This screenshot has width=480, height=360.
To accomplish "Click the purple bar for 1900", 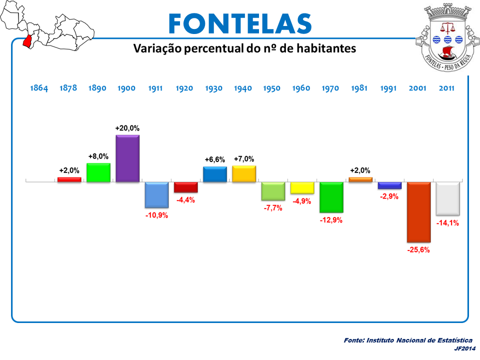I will tap(127, 158).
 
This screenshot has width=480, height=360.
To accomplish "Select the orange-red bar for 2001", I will tap(418, 212).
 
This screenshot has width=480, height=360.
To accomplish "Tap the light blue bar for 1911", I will tap(156, 194).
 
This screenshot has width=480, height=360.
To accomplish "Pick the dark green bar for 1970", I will tap(331, 197).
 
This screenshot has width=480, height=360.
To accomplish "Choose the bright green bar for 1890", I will tap(98, 172).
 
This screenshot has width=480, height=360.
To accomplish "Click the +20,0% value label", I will tap(127, 128).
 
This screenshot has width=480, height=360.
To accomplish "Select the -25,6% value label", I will tap(418, 249).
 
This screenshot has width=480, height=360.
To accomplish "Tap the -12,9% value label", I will tap(331, 220).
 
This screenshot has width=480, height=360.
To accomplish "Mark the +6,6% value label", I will tap(215, 159).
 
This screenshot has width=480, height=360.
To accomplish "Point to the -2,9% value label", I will tap(389, 196).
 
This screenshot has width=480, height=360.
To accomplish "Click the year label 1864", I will tap(39, 88).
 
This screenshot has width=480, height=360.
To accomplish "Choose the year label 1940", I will tap(243, 88).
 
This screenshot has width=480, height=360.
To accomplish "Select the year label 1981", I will tap(359, 88).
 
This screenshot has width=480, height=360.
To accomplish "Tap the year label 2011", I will tap(446, 88).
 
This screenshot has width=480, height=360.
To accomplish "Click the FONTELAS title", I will tap(240, 23).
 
